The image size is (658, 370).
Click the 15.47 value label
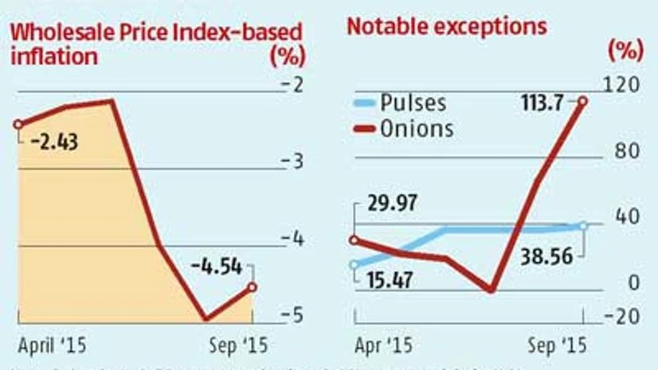point(387,280)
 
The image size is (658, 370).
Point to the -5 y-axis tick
point(296,314)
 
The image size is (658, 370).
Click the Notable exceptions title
point(447,26)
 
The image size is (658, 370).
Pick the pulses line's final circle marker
point(583,226)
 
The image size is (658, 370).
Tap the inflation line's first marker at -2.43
point(17,124)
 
